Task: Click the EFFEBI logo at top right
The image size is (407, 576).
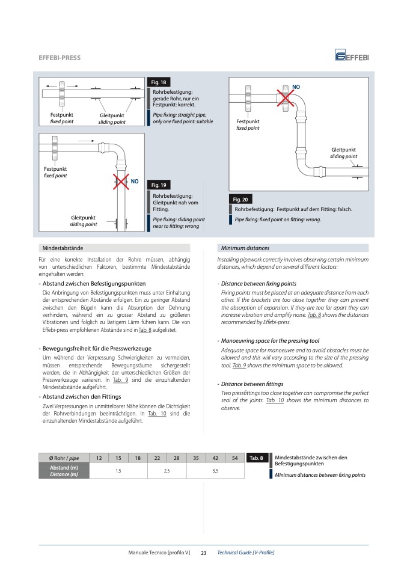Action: pyautogui.click(x=352, y=57)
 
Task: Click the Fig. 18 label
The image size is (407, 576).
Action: pyautogui.click(x=158, y=82)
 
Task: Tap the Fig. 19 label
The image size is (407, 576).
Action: pyautogui.click(x=158, y=185)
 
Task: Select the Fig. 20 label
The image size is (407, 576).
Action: pyautogui.click(x=240, y=199)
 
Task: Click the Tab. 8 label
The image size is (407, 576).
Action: pyautogui.click(x=256, y=459)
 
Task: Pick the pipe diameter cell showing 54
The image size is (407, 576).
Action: pyautogui.click(x=234, y=459)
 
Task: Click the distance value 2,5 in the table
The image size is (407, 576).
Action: pyautogui.click(x=167, y=471)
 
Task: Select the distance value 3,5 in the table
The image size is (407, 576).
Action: pyautogui.click(x=215, y=471)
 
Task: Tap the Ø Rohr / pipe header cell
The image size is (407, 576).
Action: pyautogui.click(x=63, y=459)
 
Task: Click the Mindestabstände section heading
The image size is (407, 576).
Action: pyautogui.click(x=63, y=248)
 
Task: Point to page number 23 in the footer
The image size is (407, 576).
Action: pyautogui.click(x=203, y=553)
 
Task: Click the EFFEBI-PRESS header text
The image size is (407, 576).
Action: pyautogui.click(x=59, y=58)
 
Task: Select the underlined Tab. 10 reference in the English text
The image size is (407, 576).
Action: pyautogui.click(x=275, y=400)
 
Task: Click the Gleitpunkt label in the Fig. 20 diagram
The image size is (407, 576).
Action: pyautogui.click(x=343, y=149)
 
